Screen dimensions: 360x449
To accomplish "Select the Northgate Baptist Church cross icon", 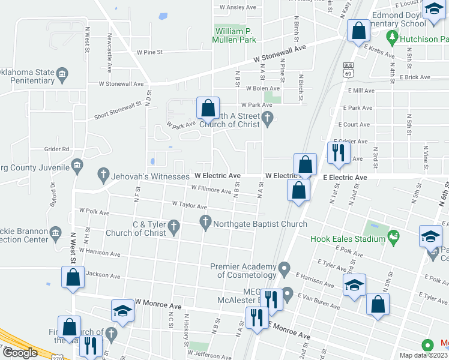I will pyautogui.click(x=206, y=224).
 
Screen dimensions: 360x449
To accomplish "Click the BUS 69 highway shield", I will pyautogui.click(x=348, y=70).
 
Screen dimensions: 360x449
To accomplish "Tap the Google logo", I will pyautogui.click(x=19, y=353).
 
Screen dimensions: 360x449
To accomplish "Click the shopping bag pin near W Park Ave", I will pyautogui.click(x=208, y=109).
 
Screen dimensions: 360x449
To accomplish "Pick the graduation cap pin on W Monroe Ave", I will pyautogui.click(x=123, y=311).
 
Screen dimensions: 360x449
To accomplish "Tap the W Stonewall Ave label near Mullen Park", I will pyautogui.click(x=280, y=53).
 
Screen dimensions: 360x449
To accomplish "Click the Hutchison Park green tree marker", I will pyautogui.click(x=393, y=37).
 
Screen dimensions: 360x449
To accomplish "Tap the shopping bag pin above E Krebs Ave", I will pyautogui.click(x=358, y=31).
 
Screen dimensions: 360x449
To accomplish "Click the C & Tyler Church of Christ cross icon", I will pyautogui.click(x=174, y=226).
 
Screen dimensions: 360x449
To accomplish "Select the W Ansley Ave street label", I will pyautogui.click(x=238, y=8).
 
